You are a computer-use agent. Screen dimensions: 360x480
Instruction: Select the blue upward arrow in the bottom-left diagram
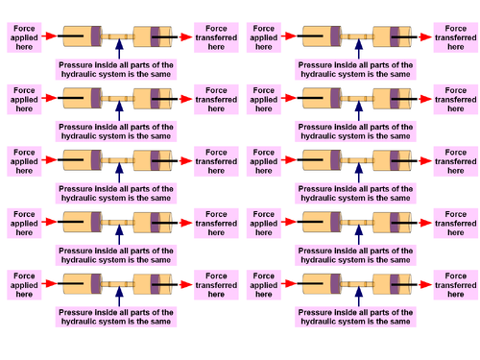pyautogui.click(x=119, y=293)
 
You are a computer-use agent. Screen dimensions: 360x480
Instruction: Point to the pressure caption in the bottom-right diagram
pyautogui.click(x=356, y=317)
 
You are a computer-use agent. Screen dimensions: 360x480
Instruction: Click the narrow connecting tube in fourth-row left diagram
pyautogui.click(x=119, y=221)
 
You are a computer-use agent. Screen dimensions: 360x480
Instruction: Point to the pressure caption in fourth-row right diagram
pyautogui.click(x=356, y=255)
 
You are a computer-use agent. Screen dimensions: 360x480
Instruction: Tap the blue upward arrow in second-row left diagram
pyautogui.click(x=119, y=110)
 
